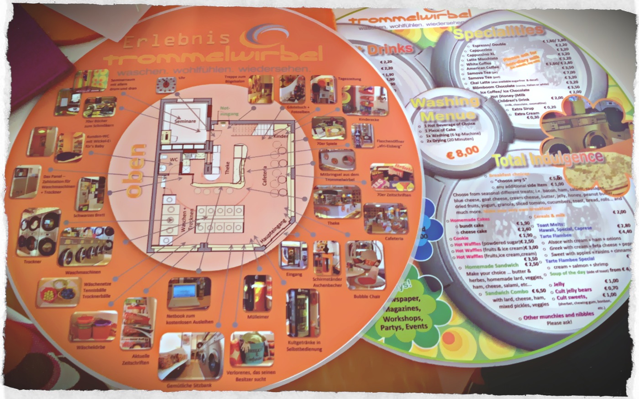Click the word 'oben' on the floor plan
coord(136,171)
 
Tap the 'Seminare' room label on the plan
coord(185,121)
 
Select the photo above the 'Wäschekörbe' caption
coord(93,326)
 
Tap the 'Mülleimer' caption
coord(257,316)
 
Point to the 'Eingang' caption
coord(294,274)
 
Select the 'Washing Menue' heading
coord(444,109)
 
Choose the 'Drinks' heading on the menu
coord(389,48)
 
